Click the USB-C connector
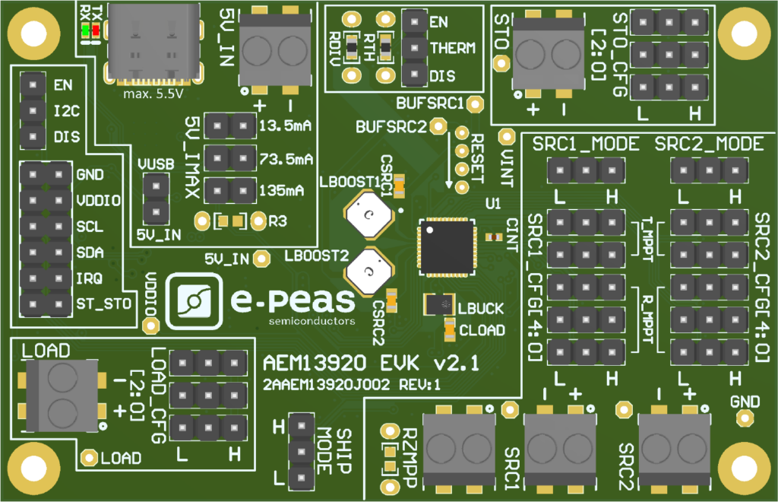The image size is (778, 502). [153, 42]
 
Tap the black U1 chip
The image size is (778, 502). [447, 246]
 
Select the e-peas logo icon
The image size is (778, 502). [194, 301]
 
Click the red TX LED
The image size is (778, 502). [96, 30]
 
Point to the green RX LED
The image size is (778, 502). [85, 30]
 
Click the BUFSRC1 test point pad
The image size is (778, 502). [476, 103]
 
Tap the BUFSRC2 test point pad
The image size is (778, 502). [438, 126]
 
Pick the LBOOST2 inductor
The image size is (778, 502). [368, 271]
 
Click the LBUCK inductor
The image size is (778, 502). [439, 304]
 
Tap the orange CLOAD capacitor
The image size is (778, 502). [450, 329]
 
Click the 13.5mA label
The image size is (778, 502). [286, 125]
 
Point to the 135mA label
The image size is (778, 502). [281, 190]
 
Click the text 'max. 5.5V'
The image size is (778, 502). [153, 94]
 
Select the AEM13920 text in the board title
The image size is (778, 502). [315, 364]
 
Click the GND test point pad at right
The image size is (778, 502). [745, 418]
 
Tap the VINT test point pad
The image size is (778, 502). [507, 137]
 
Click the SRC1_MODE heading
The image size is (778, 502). [586, 144]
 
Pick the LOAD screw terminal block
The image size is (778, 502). [61, 396]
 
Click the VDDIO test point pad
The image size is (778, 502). [150, 326]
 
